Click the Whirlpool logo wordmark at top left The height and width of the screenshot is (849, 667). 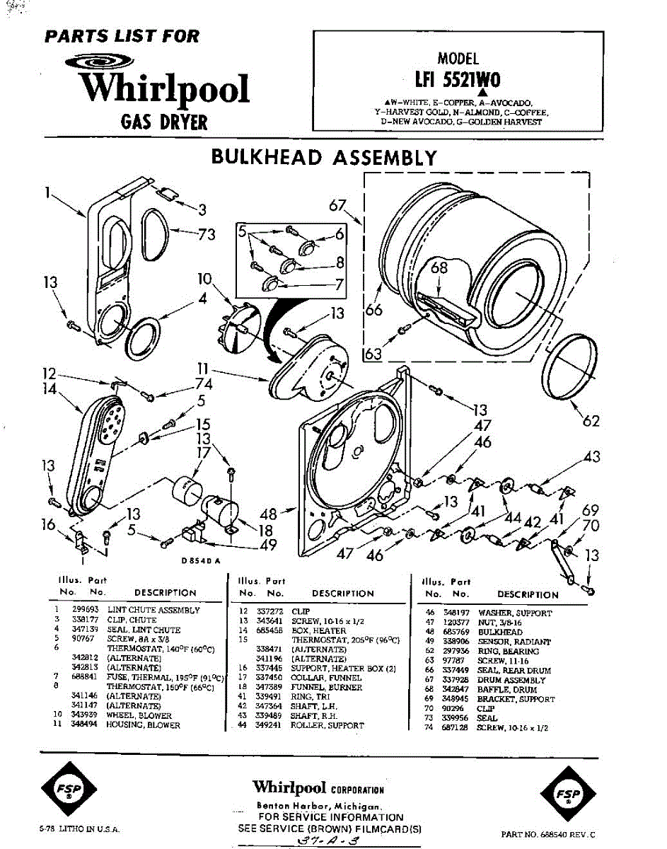[164, 89]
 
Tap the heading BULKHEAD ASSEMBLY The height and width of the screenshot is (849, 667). [325, 157]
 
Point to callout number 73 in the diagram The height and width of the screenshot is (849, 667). [206, 234]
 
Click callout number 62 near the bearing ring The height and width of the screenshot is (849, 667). [591, 421]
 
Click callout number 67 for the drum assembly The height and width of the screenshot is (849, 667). [339, 205]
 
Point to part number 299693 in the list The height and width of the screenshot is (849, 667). [84, 609]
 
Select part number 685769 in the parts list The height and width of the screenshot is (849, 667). [456, 632]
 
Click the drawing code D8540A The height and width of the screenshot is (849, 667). [200, 560]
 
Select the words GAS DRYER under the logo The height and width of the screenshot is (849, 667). [164, 122]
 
